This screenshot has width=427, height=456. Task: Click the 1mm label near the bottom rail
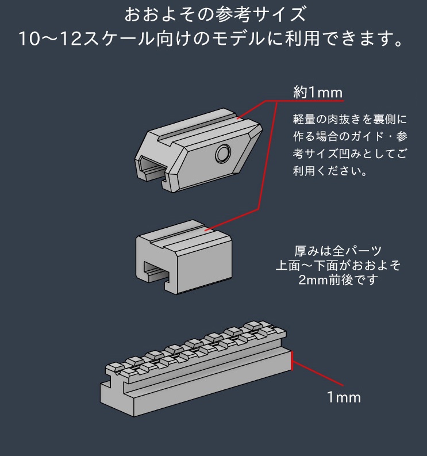[x=344, y=397]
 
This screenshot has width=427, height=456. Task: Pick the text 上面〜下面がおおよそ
[x=338, y=266]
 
